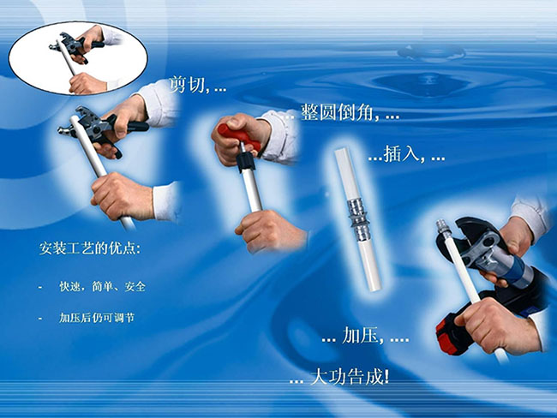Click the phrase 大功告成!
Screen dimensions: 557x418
coord(350,377)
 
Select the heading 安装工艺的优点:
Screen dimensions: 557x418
coord(89,248)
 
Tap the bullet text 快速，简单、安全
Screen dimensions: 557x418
coord(102,286)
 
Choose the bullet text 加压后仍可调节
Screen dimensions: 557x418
coord(97,318)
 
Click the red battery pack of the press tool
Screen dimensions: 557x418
coord(448,335)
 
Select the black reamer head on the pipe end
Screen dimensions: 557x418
coord(246,162)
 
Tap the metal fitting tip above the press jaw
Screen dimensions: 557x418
coord(443,227)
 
